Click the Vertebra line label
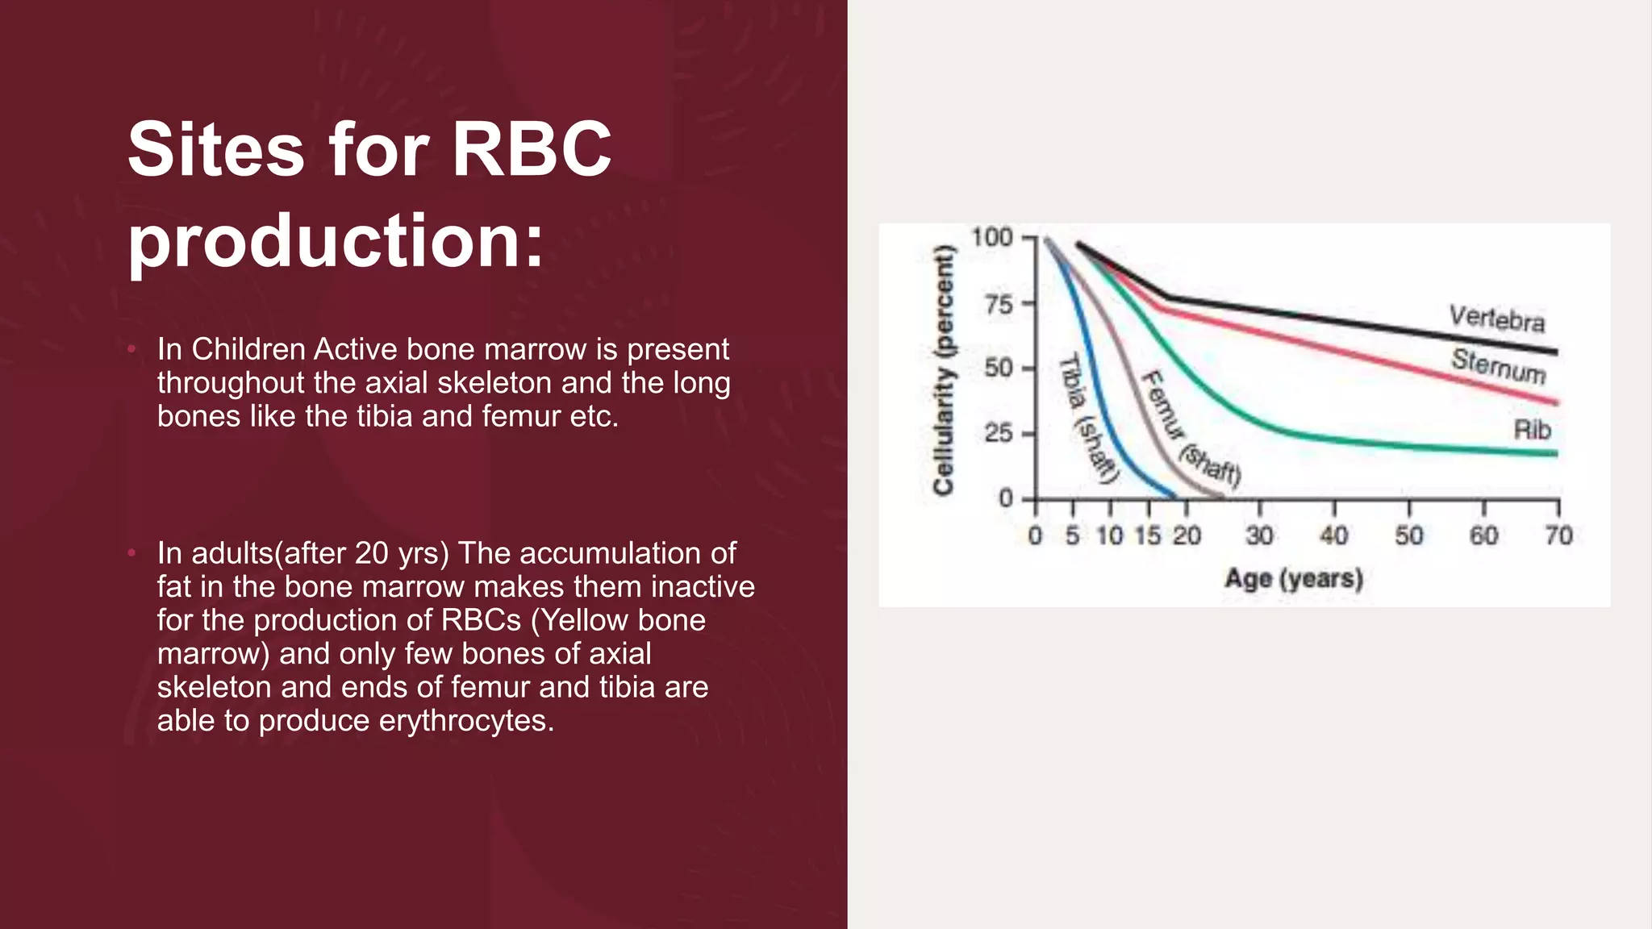pyautogui.click(x=1496, y=318)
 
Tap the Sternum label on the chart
pyautogui.click(x=1498, y=365)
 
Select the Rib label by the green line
pyautogui.click(x=1532, y=430)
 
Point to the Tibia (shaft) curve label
pyautogui.click(x=1089, y=419)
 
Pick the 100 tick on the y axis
pyautogui.click(x=991, y=237)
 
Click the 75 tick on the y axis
pyautogui.click(x=999, y=304)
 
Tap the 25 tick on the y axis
pyautogui.click(x=999, y=433)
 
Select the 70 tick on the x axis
pyautogui.click(x=1558, y=535)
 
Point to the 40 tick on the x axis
pyautogui.click(x=1333, y=535)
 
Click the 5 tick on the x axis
pyautogui.click(x=1072, y=535)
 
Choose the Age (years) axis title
pyautogui.click(x=1294, y=578)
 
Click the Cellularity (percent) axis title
pyautogui.click(x=943, y=369)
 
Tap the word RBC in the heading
pyautogui.click(x=532, y=149)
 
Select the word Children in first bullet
pyautogui.click(x=248, y=349)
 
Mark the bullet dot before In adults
pyautogui.click(x=131, y=553)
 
